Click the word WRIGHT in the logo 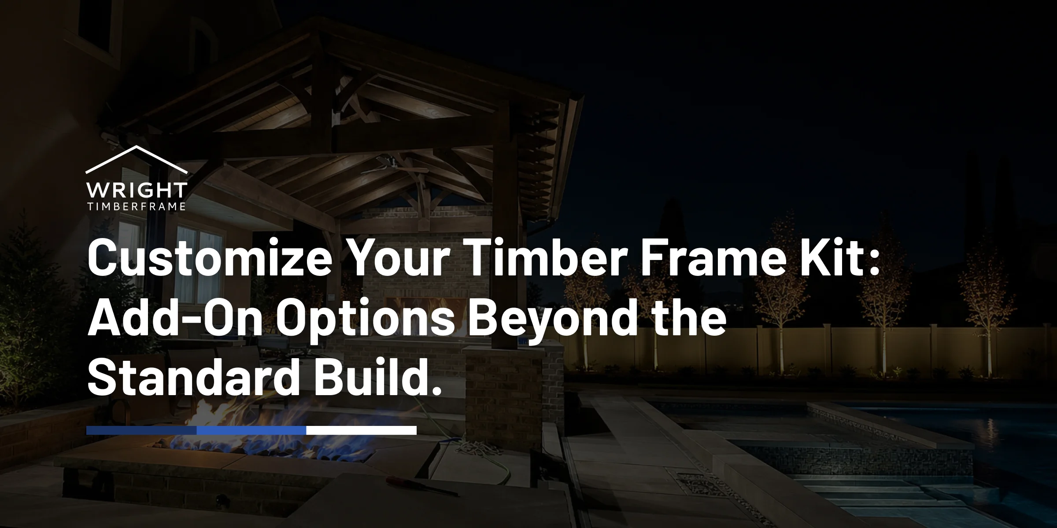coord(137,191)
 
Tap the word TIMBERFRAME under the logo coord(137,207)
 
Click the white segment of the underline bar coord(361,430)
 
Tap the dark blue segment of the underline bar coord(141,430)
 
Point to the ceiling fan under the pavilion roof coord(396,166)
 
